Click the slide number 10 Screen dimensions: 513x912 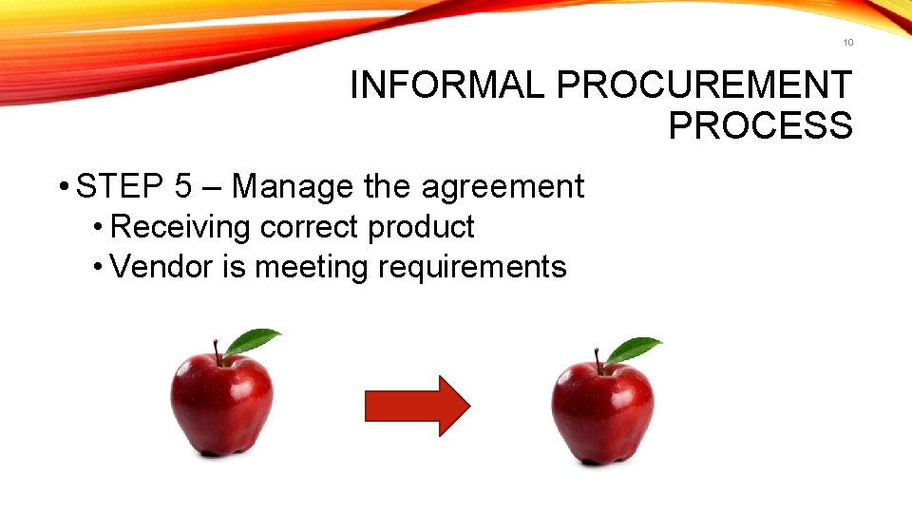(x=847, y=42)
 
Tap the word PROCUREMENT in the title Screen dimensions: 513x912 (x=704, y=85)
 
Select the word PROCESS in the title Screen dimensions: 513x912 (x=760, y=125)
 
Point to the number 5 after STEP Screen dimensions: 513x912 (x=185, y=187)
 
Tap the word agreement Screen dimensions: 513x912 (x=503, y=188)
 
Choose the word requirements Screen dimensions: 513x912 (x=472, y=269)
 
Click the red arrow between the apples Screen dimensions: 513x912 (x=417, y=406)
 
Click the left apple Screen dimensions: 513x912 (x=222, y=404)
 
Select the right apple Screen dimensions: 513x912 (x=602, y=411)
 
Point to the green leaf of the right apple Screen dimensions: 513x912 (x=632, y=350)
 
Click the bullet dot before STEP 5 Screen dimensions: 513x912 (x=61, y=188)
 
